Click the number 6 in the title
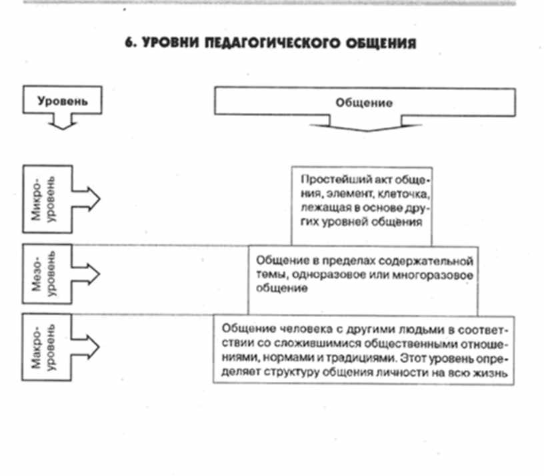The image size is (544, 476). (129, 43)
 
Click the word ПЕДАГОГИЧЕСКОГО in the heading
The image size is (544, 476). (256, 43)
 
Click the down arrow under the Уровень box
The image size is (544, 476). (62, 122)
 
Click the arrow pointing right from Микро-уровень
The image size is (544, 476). (87, 198)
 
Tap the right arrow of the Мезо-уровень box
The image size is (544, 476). (87, 273)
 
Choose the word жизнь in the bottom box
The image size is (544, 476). (493, 374)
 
